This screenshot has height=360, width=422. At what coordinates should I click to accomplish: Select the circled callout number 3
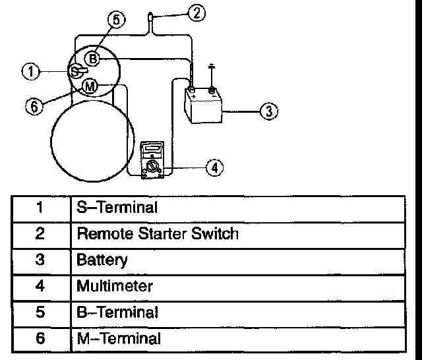pyautogui.click(x=266, y=111)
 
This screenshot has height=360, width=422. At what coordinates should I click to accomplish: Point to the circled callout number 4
pyautogui.click(x=213, y=168)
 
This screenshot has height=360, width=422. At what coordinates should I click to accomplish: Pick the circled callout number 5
pyautogui.click(x=116, y=21)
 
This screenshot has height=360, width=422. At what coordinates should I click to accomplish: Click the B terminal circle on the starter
pyautogui.click(x=94, y=59)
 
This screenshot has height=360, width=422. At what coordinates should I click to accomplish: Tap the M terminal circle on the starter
pyautogui.click(x=90, y=86)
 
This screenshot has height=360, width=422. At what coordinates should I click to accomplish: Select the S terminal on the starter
pyautogui.click(x=75, y=70)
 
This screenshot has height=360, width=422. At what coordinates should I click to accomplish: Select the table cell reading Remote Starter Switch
pyautogui.click(x=157, y=233)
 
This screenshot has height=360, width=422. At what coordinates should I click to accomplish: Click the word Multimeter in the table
pyautogui.click(x=115, y=286)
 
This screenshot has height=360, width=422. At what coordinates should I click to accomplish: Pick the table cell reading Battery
pyautogui.click(x=102, y=260)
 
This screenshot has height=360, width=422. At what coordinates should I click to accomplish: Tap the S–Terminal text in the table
pyautogui.click(x=117, y=208)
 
